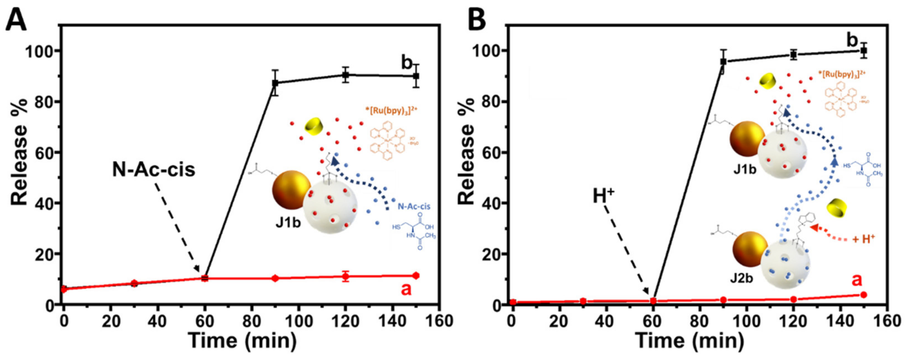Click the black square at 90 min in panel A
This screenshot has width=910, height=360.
tap(275, 83)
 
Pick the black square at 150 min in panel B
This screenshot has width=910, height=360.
tap(863, 51)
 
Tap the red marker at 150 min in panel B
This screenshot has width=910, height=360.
tap(863, 295)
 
